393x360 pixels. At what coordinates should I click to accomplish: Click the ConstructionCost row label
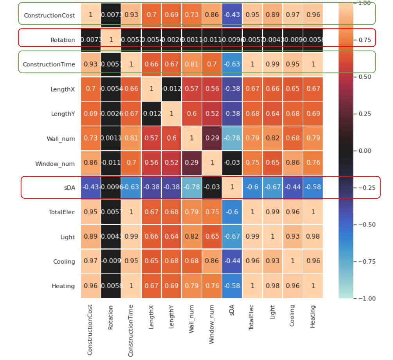pyautogui.click(x=49, y=15)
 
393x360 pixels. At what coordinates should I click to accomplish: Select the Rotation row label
pyautogui.click(x=63, y=40)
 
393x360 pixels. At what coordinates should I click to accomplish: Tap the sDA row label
pyautogui.click(x=69, y=188)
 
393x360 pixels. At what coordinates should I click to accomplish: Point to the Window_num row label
pyautogui.click(x=55, y=163)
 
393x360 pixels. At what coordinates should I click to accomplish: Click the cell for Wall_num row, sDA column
pyautogui.click(x=232, y=138)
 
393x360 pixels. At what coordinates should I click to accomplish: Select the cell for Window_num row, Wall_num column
pyautogui.click(x=191, y=163)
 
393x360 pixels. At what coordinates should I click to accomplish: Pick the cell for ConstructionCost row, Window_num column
pyautogui.click(x=212, y=15)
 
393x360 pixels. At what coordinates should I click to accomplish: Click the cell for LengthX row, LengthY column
pyautogui.click(x=171, y=89)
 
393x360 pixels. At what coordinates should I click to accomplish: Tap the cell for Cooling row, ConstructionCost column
pyautogui.click(x=91, y=261)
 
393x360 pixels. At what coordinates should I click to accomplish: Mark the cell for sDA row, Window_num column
pyautogui.click(x=212, y=187)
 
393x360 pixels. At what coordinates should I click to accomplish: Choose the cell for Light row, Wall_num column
pyautogui.click(x=191, y=237)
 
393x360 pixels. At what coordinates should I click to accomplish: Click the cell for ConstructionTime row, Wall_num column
pyautogui.click(x=191, y=64)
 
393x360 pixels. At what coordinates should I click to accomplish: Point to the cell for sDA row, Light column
pyautogui.click(x=272, y=187)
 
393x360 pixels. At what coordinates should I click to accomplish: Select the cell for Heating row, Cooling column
pyautogui.click(x=293, y=286)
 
